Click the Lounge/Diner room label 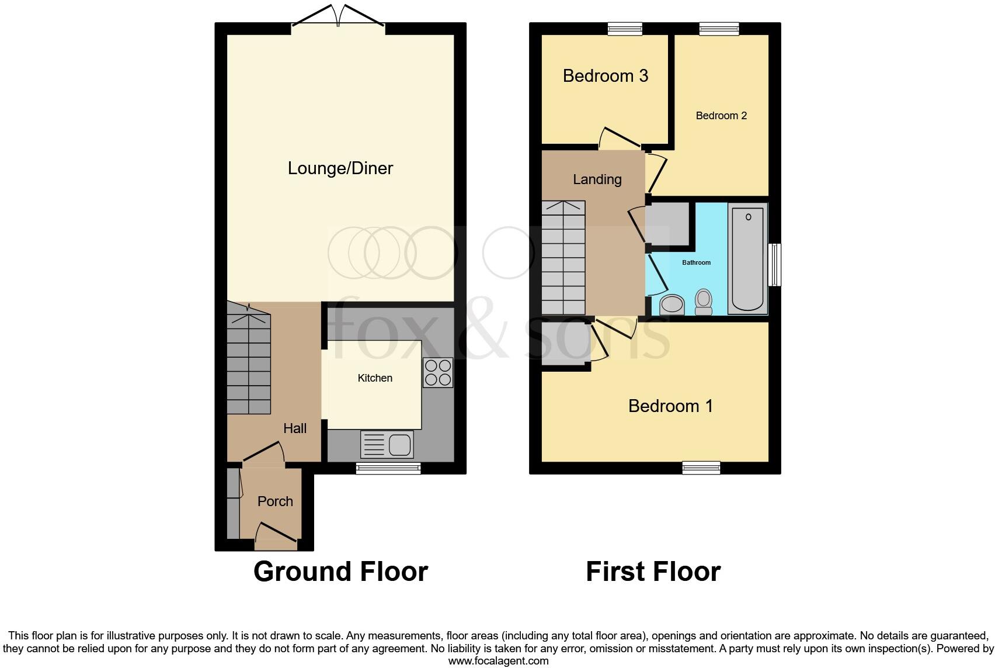340,168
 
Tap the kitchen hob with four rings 438,372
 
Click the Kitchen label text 375,378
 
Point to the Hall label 295,428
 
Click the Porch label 275,501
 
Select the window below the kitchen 389,468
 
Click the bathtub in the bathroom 747,258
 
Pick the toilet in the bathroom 704,302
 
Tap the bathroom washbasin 672,304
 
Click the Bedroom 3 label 606,76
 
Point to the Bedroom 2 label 721,116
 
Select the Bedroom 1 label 670,406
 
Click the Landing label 597,179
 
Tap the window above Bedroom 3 625,29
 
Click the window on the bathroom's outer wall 775,265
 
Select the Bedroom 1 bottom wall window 701,468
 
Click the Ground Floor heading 340,572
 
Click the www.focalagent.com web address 498,661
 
